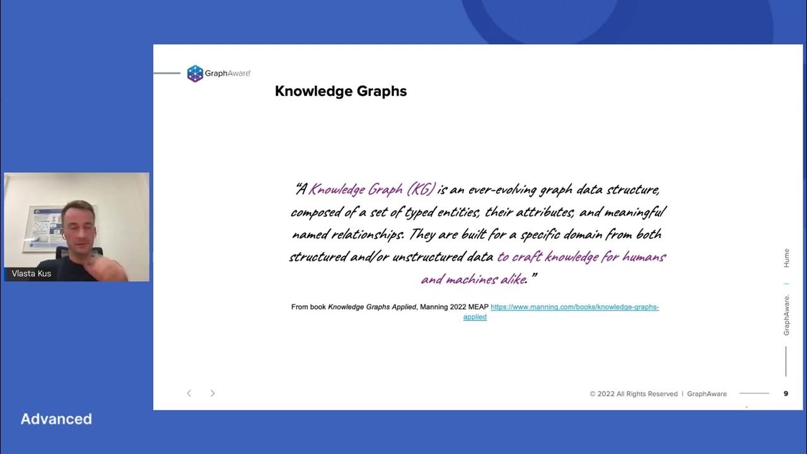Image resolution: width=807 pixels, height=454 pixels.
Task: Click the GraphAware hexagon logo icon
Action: pos(195,74)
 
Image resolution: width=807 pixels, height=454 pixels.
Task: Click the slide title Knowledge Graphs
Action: pos(340,91)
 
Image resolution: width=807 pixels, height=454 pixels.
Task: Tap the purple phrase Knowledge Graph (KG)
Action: pos(372,189)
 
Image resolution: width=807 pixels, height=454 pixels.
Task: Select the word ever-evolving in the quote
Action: pos(497,189)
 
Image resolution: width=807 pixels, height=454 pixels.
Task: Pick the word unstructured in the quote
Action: pos(427,257)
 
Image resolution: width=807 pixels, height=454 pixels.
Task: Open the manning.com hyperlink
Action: pos(574,307)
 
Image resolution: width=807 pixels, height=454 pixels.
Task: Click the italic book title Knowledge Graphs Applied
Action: pos(372,307)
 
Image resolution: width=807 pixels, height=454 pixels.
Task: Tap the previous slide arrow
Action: pos(189,393)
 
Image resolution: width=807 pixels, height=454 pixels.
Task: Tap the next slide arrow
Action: pos(212,393)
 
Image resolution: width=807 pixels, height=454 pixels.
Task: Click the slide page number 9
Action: pos(786,393)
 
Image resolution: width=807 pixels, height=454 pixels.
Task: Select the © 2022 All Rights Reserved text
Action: pos(634,394)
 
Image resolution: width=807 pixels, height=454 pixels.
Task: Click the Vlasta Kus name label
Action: pos(32,274)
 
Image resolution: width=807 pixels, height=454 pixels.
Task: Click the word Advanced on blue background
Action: pos(56,419)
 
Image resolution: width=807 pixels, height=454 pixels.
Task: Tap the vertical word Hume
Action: pos(786,259)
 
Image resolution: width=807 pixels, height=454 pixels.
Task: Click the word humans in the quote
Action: pos(644,257)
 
